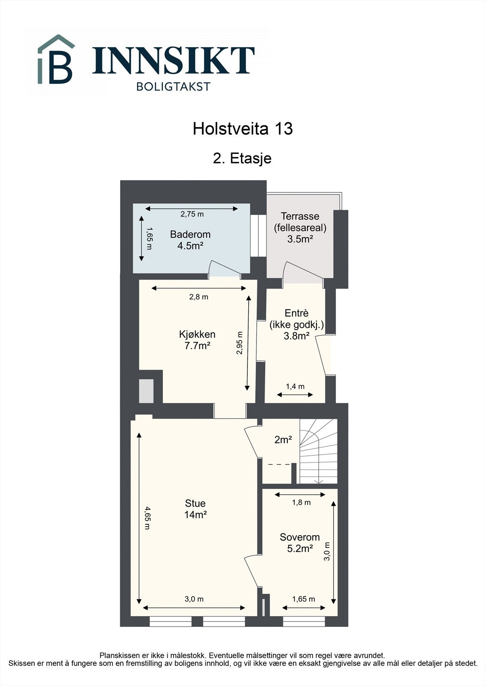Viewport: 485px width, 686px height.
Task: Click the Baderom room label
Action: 190,240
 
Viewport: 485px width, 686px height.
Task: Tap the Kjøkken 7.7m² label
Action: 197,340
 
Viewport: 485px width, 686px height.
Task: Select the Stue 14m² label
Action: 195,509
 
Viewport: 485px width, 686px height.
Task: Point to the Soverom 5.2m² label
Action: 300,542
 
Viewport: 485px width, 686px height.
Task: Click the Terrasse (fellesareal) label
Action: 300,228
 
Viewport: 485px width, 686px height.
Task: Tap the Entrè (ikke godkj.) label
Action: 296,325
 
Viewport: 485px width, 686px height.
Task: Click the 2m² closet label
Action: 283,439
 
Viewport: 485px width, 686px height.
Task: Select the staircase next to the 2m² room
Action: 318,452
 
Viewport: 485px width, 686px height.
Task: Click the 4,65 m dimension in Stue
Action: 146,518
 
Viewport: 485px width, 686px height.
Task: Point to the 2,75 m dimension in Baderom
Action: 192,214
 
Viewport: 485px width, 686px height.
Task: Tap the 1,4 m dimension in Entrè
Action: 295,386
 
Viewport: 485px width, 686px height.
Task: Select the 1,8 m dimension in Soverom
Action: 301,502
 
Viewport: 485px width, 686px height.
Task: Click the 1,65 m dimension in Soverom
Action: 303,599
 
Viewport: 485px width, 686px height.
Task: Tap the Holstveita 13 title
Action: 242,129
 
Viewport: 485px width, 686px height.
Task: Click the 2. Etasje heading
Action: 242,158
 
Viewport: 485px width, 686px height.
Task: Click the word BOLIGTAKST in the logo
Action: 173,86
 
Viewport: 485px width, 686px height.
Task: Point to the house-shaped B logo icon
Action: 56,60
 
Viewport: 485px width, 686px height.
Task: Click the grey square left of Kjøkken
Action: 146,391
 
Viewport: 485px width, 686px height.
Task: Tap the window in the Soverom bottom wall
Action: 304,621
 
